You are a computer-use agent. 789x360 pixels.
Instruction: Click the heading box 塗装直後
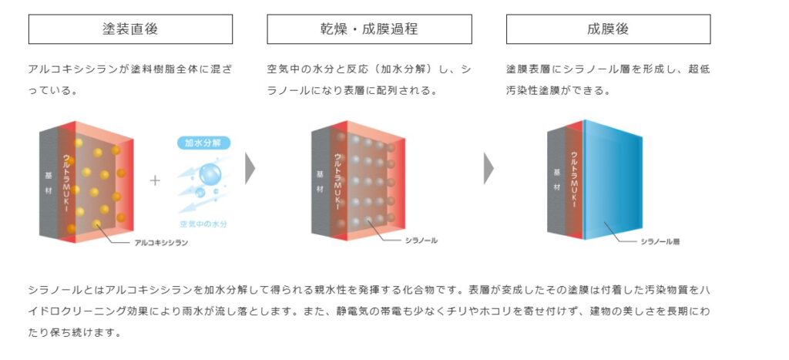pos(130,29)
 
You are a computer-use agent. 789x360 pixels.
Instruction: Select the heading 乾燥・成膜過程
pos(369,29)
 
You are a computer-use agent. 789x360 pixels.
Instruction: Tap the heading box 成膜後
pos(609,29)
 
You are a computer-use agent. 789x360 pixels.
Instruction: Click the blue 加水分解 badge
pos(203,143)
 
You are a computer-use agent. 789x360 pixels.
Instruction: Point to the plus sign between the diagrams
pos(155,180)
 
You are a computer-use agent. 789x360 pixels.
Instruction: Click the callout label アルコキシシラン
pos(161,243)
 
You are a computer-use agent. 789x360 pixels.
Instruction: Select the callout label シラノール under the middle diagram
pos(421,241)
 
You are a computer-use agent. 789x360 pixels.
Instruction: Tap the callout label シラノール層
pos(660,242)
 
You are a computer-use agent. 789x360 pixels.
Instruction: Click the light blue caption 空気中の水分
pos(203,224)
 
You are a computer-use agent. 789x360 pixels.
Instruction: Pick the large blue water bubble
pos(210,174)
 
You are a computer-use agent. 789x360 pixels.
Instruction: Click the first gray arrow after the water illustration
pos(250,168)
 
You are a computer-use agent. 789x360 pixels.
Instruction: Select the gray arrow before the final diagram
pos(489,168)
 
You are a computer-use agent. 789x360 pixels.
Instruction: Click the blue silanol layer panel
pos(613,180)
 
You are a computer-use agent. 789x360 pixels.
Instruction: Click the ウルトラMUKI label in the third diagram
pos(574,180)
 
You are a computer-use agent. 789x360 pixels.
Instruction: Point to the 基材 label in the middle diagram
pos(320,182)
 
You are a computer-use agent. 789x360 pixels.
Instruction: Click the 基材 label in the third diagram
pos(557,180)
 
